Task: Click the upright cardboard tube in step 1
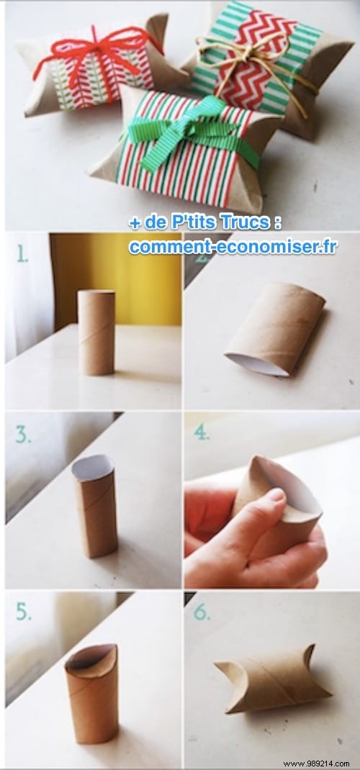(x=96, y=332)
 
